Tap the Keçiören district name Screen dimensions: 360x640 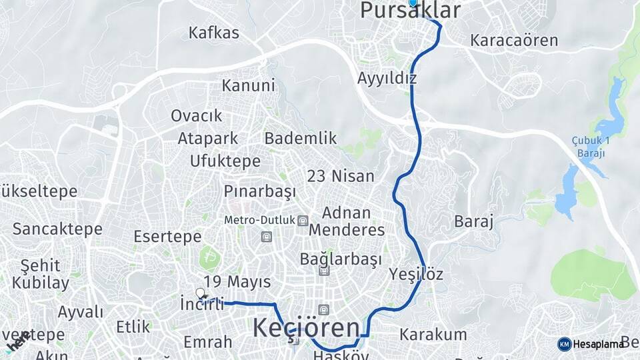306,328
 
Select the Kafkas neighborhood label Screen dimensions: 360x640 213,33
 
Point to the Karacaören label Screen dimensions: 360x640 513,40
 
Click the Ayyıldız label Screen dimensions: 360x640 387,78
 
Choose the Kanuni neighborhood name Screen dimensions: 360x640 248,85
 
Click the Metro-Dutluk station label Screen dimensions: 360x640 260,220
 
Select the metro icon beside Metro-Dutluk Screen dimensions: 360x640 303,221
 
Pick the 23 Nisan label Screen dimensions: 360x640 340,176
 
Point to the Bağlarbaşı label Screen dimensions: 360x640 341,259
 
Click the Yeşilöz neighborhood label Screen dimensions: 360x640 416,274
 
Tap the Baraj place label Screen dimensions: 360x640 473,221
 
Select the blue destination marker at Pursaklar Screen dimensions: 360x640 413,3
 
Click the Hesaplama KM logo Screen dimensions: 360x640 564,344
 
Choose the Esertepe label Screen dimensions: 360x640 167,237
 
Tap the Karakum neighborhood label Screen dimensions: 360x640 433,335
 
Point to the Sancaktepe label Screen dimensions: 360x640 57,229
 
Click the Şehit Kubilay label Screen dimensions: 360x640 41,274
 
